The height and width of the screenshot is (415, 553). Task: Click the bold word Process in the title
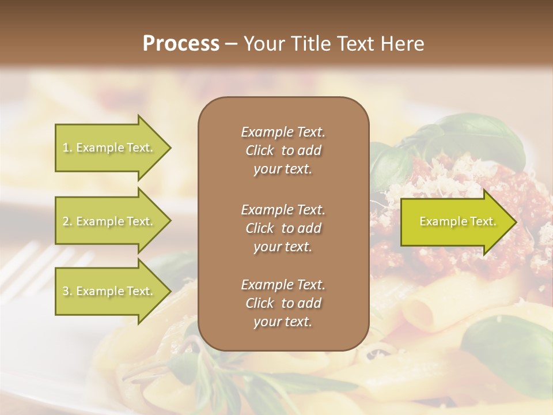coord(180,43)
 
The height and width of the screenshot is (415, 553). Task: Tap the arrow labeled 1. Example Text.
coord(109,148)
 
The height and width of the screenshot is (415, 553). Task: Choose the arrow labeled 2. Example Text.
coord(109,221)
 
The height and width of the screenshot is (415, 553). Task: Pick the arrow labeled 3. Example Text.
coord(109,291)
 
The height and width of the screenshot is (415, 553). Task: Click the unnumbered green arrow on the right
coord(455,221)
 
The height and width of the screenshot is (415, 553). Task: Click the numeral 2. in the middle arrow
coord(67,221)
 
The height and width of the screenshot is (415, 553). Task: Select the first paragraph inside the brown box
coord(283,150)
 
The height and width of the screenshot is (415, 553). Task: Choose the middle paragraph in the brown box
coord(283,228)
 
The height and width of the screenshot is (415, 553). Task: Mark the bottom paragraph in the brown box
coord(283,303)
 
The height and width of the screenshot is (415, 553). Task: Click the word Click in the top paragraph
coord(259,150)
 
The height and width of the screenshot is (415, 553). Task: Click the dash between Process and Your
coord(231,44)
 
